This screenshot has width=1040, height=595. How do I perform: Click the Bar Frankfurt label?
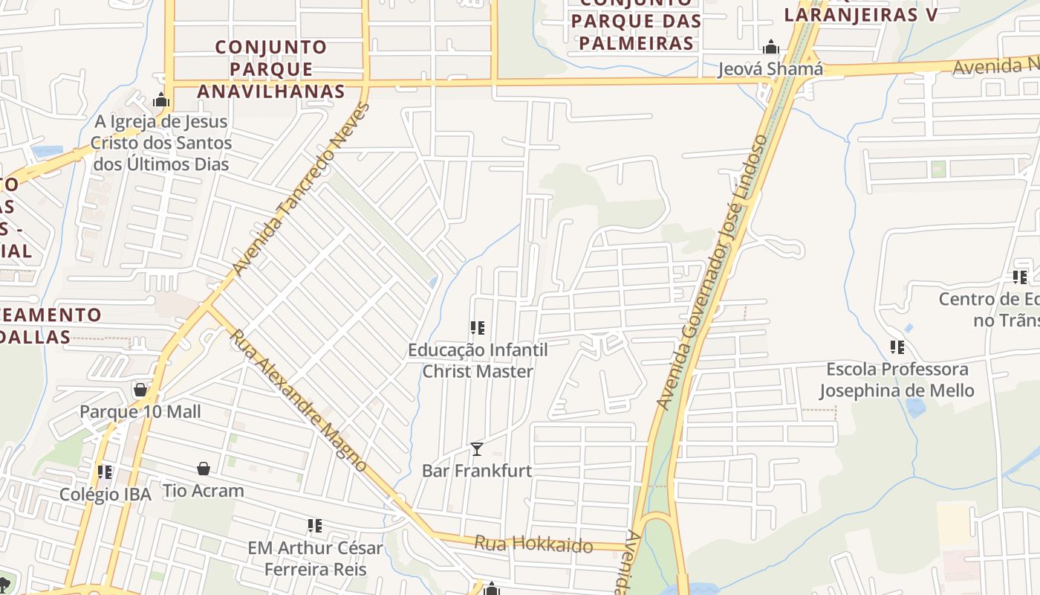tap(477, 471)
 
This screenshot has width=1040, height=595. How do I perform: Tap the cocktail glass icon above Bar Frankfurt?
tap(477, 448)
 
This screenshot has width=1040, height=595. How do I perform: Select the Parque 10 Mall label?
tap(140, 412)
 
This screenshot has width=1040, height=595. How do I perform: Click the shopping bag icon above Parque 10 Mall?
tap(140, 390)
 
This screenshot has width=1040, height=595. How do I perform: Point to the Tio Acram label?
tap(204, 491)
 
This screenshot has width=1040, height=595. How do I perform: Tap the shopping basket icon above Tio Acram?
tap(204, 469)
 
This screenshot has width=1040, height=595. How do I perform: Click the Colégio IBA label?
tap(105, 495)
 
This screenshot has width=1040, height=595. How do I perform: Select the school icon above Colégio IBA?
tap(105, 472)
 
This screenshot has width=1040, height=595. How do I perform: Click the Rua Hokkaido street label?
tap(533, 545)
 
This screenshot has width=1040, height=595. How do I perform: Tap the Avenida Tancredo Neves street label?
tap(300, 189)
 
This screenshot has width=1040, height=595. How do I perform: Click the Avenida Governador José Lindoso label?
tap(712, 272)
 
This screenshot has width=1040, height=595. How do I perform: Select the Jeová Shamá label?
tap(770, 69)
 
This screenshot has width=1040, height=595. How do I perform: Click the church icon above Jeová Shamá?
tap(771, 48)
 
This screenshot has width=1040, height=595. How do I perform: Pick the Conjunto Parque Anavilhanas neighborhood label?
tap(271, 69)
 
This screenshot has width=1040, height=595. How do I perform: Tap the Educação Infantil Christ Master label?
tap(478, 360)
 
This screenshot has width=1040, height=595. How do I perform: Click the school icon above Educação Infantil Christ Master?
tap(478, 327)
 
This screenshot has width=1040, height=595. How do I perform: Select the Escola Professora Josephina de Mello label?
tap(897, 379)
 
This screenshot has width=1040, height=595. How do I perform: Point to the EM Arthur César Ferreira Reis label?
tap(315, 559)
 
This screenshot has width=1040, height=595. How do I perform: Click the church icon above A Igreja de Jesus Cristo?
tap(161, 100)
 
